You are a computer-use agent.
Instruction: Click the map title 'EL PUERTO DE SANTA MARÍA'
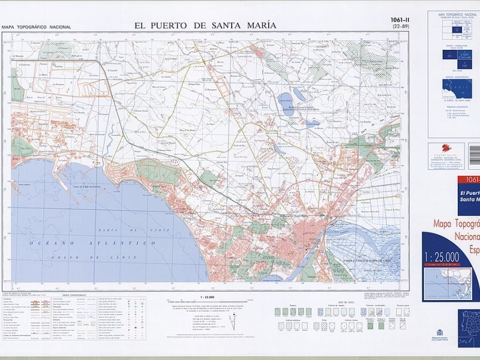[x=206, y=25]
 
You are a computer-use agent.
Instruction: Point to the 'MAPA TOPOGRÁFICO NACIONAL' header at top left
[x=36, y=27]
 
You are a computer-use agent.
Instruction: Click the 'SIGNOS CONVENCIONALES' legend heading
[x=74, y=295]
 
